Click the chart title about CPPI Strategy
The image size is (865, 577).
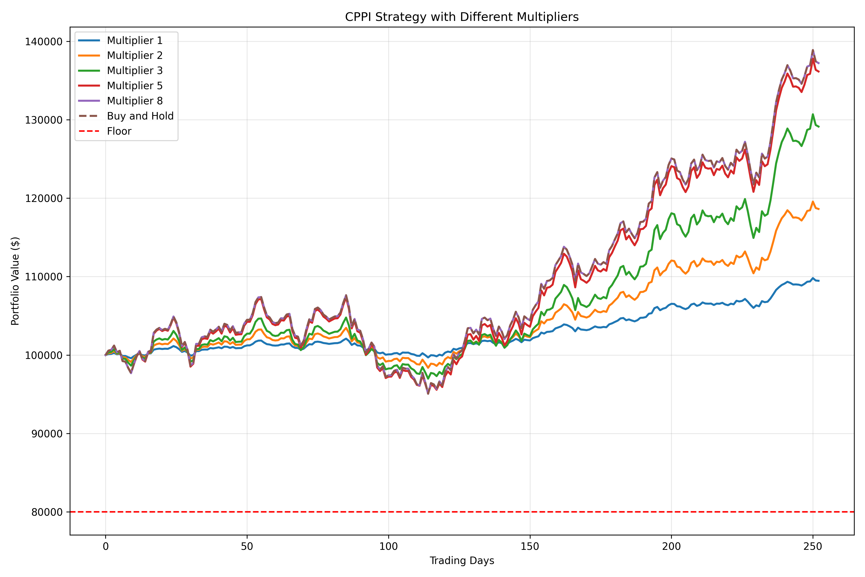point(462,17)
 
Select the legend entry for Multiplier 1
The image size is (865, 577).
point(134,40)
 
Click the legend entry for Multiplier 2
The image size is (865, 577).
point(134,56)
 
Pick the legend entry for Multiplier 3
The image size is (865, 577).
point(134,71)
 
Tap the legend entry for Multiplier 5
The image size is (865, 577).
point(134,86)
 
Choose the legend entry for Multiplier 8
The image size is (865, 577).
point(134,101)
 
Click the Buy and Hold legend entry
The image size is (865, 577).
point(140,116)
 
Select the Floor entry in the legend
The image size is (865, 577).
point(119,131)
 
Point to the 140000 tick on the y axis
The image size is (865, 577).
point(44,42)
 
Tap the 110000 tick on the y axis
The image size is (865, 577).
point(44,277)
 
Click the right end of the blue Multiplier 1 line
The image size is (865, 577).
point(819,281)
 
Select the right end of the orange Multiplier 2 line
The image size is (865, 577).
point(819,209)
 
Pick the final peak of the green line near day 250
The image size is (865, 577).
point(813,114)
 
